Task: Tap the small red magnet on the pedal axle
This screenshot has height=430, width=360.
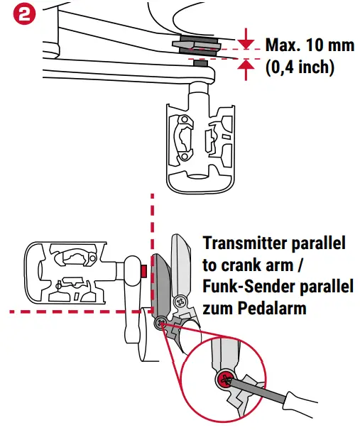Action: coord(143,270)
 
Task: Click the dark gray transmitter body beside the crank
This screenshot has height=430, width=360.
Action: coord(160,284)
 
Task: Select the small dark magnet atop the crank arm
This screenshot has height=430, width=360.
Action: coord(200,62)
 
